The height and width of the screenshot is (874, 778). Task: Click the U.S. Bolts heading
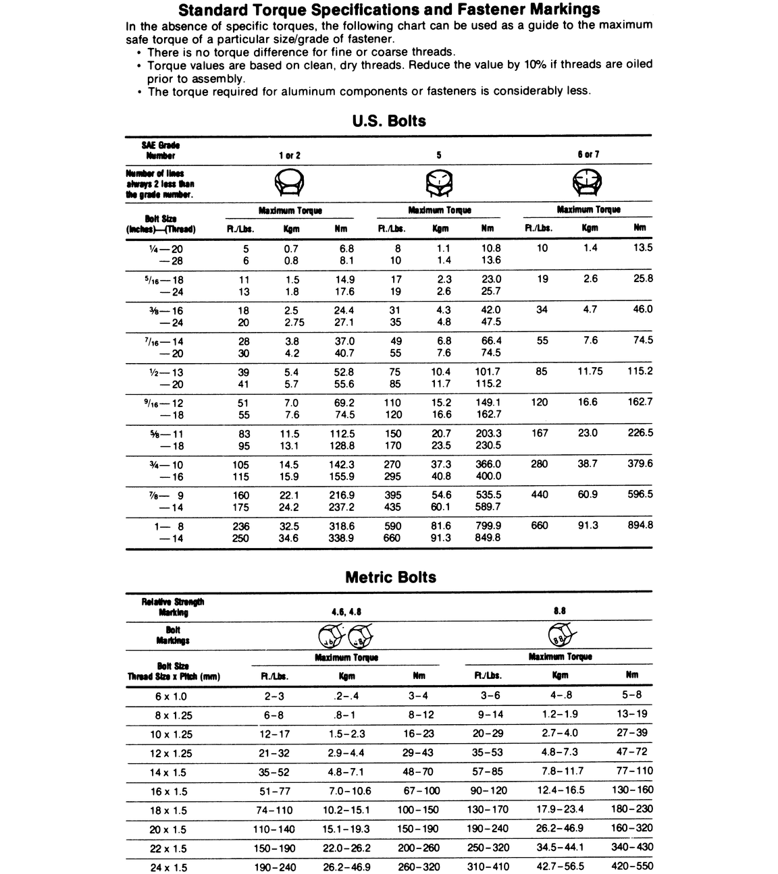coord(389,121)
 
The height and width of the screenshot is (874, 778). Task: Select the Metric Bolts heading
coord(390,578)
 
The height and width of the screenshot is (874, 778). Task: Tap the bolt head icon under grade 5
coord(440,182)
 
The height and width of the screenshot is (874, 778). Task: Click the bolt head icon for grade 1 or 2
coord(289,182)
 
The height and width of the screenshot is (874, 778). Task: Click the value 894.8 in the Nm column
coord(640,525)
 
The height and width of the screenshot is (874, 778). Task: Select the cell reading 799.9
coord(488,526)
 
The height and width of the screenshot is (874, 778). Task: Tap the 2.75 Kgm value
coord(294,323)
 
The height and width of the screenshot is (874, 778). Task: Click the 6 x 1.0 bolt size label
coord(170,697)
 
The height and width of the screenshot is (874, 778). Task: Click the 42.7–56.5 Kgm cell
coord(560,866)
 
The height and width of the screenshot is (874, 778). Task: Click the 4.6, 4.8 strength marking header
coord(346,611)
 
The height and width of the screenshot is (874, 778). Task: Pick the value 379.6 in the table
coord(640,464)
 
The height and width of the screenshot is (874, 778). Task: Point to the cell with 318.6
coord(341,526)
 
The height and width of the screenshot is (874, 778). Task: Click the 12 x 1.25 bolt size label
coord(171,753)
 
